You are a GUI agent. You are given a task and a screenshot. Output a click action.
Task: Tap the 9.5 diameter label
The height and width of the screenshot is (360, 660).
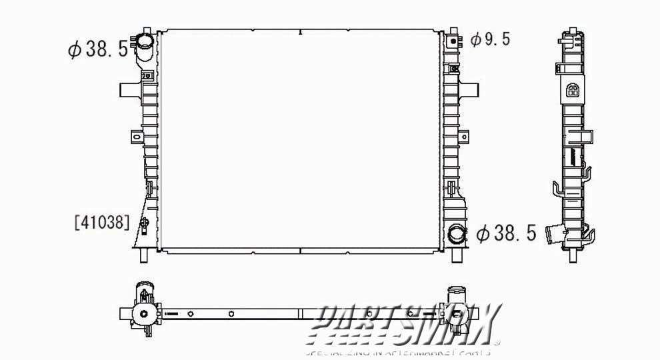coord(490,40)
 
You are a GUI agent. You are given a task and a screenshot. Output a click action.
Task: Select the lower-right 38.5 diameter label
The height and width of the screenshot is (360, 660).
coord(507,233)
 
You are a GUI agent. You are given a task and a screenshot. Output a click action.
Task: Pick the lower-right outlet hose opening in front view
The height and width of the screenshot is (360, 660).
coord(457,234)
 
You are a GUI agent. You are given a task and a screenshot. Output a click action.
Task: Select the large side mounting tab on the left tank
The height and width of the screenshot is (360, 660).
coord(129,89)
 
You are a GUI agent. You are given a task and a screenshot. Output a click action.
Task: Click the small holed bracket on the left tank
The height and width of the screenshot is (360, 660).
coord(137,137)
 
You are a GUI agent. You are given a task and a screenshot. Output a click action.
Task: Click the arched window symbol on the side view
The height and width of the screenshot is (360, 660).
coord(572,91)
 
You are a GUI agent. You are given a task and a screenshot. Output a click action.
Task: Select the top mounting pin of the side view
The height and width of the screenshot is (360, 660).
coord(571,32)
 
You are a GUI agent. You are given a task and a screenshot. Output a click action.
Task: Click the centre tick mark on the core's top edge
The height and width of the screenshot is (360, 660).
coord(300,31)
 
